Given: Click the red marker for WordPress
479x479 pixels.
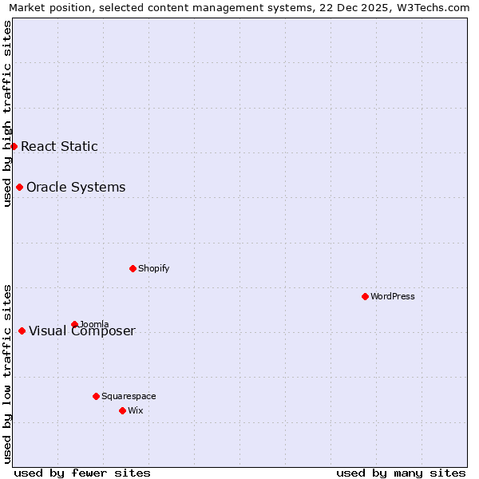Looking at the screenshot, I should tap(365, 296).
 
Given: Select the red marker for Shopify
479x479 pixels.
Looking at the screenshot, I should tap(133, 268).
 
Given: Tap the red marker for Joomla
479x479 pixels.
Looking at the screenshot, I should tap(74, 324).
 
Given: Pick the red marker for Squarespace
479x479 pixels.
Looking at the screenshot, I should tap(96, 396).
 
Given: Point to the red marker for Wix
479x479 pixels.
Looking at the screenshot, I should tap(122, 410).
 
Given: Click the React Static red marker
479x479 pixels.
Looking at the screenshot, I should tap(14, 146).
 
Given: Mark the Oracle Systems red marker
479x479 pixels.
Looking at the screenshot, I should tap(19, 187).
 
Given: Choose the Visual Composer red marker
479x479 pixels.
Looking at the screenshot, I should tap(22, 331).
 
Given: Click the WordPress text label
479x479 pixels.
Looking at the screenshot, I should tap(393, 296).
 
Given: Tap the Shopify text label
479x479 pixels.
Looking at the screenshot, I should tap(154, 268).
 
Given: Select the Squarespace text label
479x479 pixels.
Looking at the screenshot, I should tap(129, 396).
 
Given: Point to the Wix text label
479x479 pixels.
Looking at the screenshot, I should tap(135, 410).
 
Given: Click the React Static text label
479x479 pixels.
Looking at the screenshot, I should tap(59, 146).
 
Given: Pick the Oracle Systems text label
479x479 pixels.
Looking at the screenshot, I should tap(76, 187).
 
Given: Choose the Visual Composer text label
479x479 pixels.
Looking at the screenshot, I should tap(82, 331).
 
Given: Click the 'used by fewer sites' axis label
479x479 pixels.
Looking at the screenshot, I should tap(82, 473).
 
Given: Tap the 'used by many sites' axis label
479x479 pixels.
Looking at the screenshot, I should tap(401, 473).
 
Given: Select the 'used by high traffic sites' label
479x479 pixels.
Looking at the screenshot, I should tap(7, 113).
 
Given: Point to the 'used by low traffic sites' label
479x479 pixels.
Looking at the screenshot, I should tap(7, 374).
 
